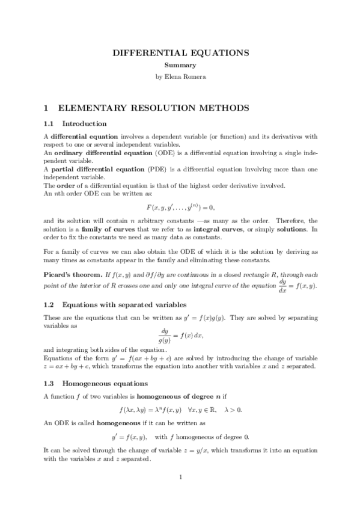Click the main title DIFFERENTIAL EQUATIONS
[181, 53]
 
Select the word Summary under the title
[181, 66]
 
